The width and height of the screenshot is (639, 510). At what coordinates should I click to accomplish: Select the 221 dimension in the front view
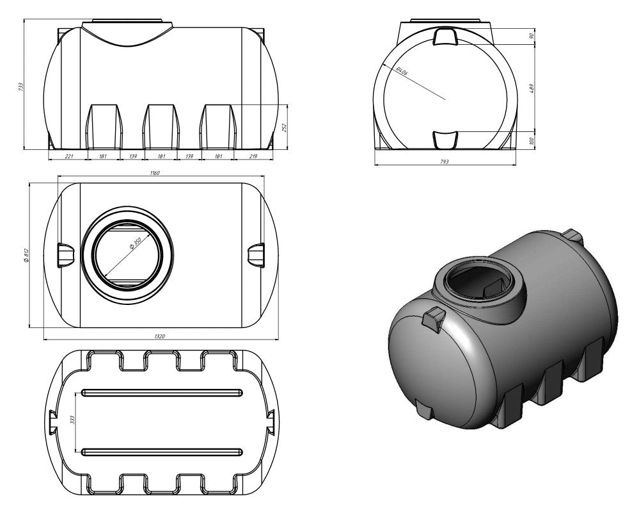tap(70, 156)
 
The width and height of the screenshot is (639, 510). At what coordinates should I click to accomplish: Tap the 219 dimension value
tap(254, 156)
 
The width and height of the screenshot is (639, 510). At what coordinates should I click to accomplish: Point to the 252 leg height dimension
tap(285, 128)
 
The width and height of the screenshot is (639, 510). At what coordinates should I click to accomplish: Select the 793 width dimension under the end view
tap(445, 162)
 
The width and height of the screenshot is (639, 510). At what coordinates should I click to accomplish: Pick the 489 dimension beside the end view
tap(532, 87)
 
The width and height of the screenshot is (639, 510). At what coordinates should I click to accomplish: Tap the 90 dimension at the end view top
tap(532, 36)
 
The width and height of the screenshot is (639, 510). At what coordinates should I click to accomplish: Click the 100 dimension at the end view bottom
tap(532, 140)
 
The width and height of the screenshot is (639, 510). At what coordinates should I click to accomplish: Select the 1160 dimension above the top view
tap(155, 173)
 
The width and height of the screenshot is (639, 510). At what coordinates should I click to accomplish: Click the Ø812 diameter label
tap(26, 254)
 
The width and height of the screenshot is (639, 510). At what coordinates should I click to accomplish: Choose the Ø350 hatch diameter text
tap(134, 245)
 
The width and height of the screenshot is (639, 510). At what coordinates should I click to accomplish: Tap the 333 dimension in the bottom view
tap(73, 420)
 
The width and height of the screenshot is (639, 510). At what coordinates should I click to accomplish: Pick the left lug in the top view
tap(66, 254)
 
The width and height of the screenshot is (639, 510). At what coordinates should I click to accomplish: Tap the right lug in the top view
tap(255, 254)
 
